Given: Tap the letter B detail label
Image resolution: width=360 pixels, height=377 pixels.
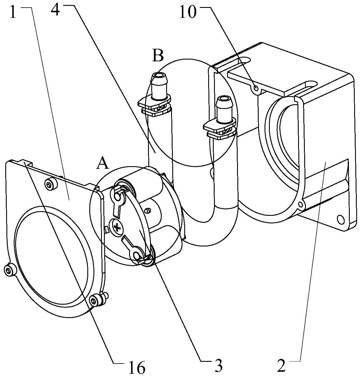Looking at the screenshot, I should coord(158,56).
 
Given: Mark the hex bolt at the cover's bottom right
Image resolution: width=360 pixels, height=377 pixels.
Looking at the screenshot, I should coord(95,300).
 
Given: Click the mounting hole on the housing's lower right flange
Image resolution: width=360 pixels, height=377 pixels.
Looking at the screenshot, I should coord(340,219).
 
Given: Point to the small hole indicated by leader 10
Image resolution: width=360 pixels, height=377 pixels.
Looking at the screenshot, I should coord(256,88).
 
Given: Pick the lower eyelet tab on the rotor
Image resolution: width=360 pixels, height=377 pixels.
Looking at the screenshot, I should coord(136,256).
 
